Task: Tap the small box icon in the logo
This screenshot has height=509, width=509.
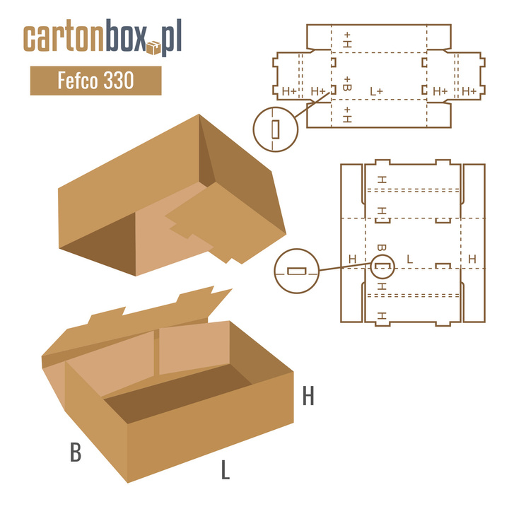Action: click(x=153, y=48)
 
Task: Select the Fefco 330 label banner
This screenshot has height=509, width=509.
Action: click(x=95, y=81)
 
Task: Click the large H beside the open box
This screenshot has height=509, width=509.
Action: click(x=308, y=396)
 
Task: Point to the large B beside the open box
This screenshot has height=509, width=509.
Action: click(x=76, y=452)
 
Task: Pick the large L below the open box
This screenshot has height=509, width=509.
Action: click(x=226, y=469)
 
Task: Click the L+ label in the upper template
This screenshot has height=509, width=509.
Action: click(x=377, y=91)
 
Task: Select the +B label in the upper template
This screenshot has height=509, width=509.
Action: click(x=347, y=83)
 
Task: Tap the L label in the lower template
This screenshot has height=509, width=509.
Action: click(x=409, y=259)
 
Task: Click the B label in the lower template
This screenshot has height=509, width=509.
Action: click(x=382, y=247)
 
